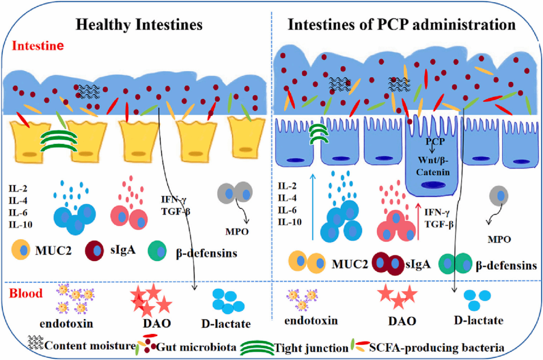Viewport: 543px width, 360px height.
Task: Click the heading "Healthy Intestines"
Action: coord(139,24)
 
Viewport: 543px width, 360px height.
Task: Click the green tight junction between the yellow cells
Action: coord(59,141)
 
